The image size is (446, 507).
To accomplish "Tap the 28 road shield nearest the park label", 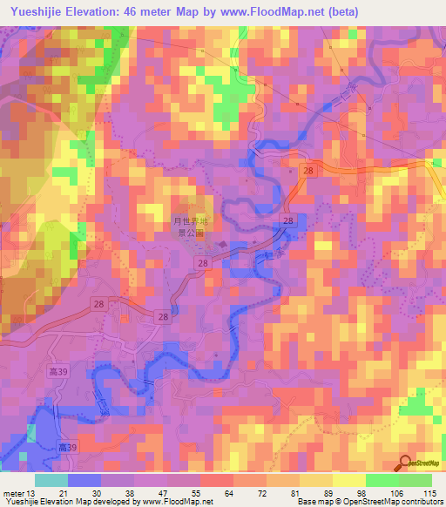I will [x=202, y=262].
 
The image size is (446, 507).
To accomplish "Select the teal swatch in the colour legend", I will [x=51, y=480].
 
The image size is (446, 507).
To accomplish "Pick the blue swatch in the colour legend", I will [x=83, y=480].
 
